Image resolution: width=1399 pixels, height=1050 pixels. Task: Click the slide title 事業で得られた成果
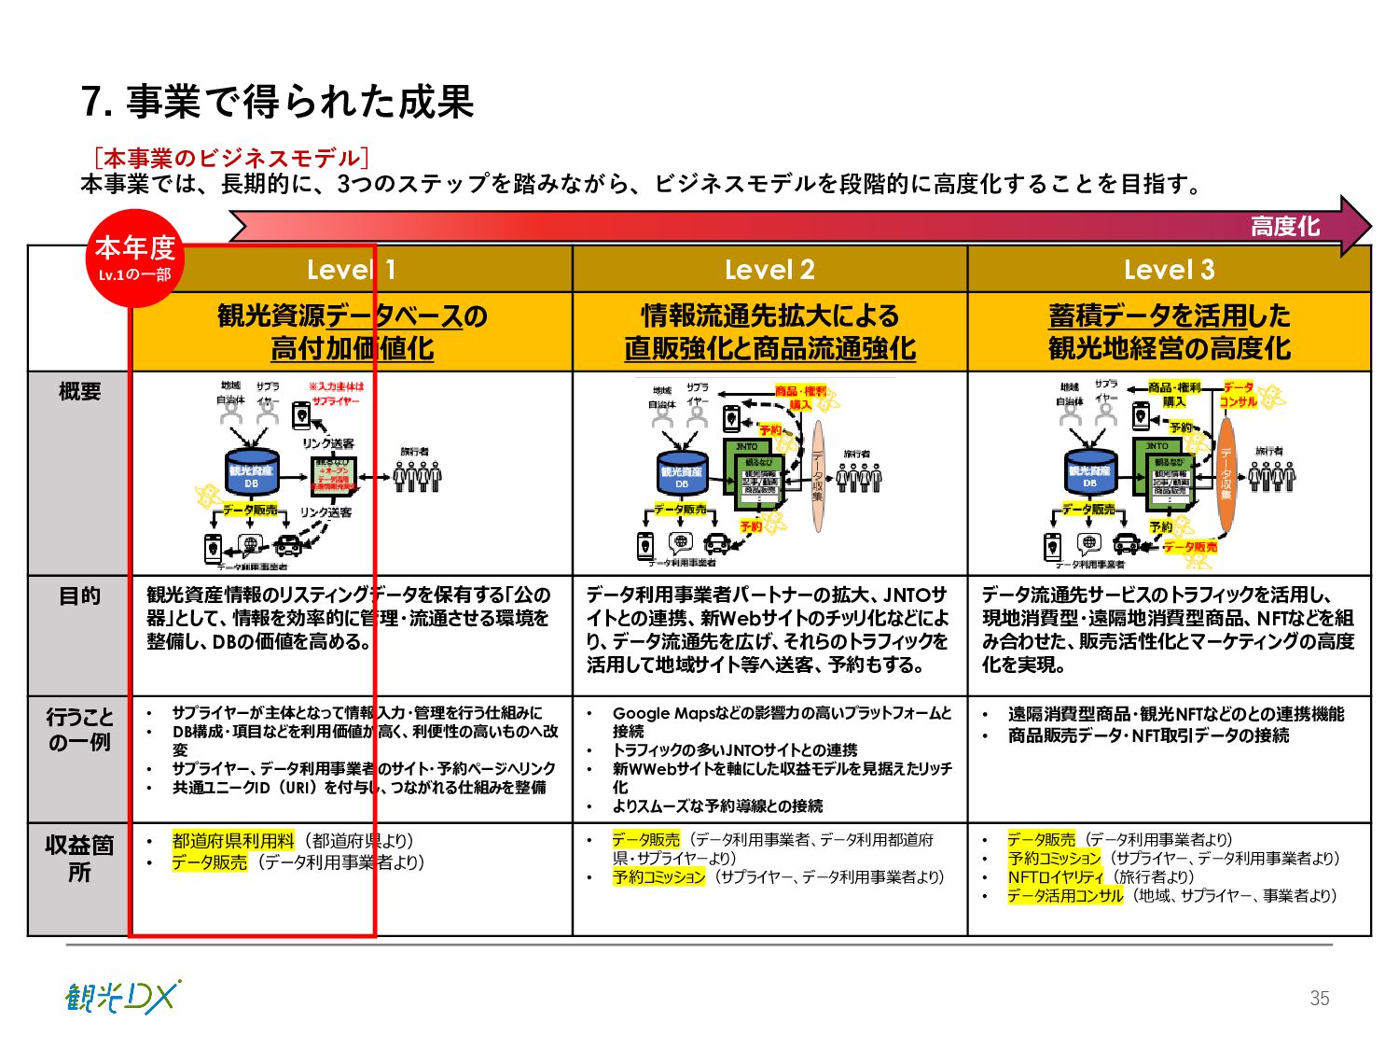(278, 102)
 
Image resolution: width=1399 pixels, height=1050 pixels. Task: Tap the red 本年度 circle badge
(135, 257)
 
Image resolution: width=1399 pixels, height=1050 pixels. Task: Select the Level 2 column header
(769, 270)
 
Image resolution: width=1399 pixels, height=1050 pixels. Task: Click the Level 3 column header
(1169, 270)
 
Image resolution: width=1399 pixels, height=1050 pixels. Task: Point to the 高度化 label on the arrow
(1284, 226)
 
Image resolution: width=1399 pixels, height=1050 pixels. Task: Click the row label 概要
(79, 392)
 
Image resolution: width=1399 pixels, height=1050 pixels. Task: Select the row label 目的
(79, 596)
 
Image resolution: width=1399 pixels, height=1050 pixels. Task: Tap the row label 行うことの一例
(79, 729)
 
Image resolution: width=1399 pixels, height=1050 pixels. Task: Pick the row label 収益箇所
(79, 858)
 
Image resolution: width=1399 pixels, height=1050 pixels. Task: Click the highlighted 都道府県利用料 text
(233, 841)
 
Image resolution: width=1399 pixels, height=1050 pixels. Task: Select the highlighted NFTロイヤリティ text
(1055, 877)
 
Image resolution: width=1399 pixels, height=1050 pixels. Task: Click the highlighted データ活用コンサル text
(1065, 896)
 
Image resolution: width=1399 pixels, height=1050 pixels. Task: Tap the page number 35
(1319, 998)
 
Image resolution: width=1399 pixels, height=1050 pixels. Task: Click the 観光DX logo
(122, 998)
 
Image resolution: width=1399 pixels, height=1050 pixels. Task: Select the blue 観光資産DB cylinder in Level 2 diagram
(681, 474)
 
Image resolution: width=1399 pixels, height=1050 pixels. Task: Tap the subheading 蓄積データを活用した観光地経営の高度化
(1169, 331)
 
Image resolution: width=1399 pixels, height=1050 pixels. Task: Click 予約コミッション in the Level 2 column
(658, 877)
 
